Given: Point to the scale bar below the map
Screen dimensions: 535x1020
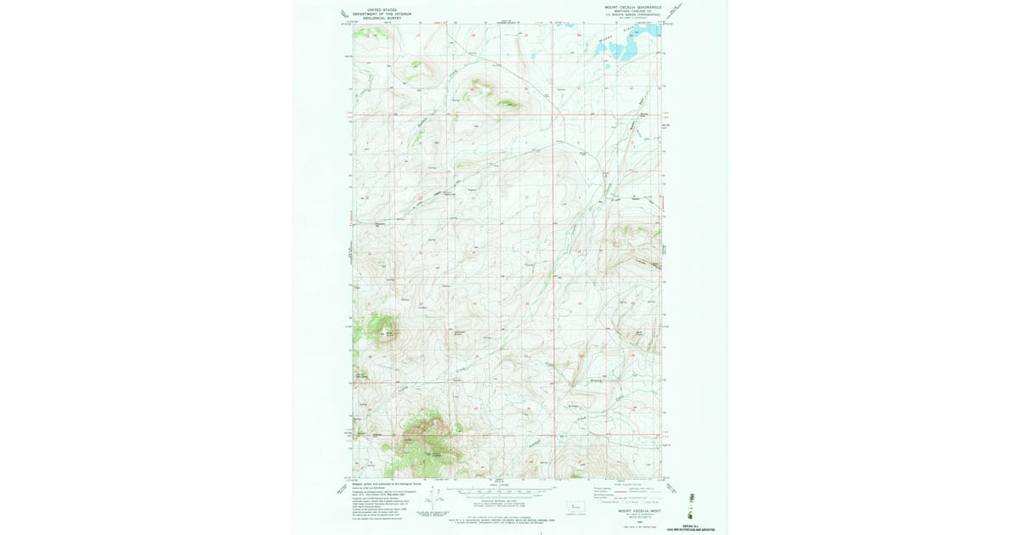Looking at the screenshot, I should pos(497,491).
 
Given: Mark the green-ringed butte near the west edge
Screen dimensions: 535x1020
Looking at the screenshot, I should pos(380,329).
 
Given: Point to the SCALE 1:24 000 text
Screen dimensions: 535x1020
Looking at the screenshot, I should pos(497,484).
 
